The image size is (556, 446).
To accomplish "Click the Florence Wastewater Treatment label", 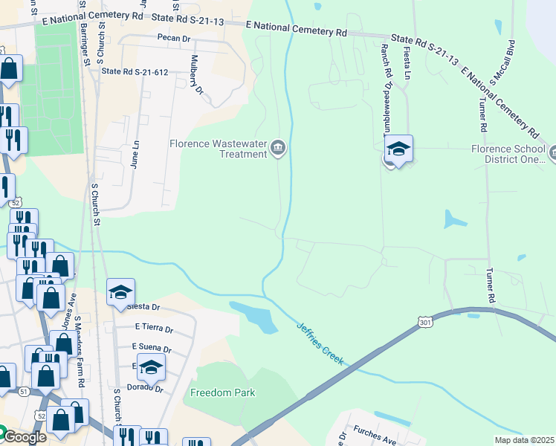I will pos(217,149).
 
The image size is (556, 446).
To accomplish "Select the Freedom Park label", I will pos(222,392).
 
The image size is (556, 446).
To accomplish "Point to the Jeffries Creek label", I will pos(320,341).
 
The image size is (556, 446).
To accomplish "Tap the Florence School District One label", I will pos(509,154).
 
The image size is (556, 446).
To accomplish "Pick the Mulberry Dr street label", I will pos(196,75).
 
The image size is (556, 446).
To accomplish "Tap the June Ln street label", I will pos(135,155).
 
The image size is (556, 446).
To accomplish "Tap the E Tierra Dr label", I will pos(154,327).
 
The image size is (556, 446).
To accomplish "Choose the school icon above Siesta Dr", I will pos(120,292).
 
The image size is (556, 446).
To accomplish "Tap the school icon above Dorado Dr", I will pos(151,367).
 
